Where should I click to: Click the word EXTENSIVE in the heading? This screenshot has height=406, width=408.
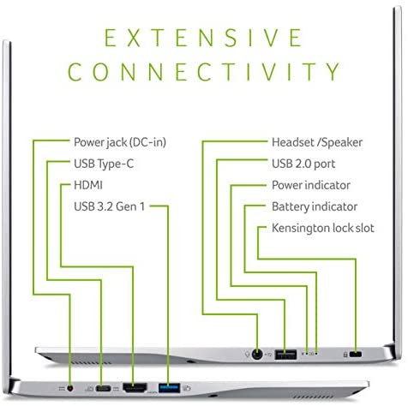[x=203, y=38]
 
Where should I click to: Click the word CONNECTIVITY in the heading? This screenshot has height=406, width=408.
[x=203, y=72]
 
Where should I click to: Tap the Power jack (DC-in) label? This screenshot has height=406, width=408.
[x=120, y=142]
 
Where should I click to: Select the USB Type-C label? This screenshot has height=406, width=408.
[x=104, y=164]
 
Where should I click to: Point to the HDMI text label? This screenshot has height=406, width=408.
[x=88, y=185]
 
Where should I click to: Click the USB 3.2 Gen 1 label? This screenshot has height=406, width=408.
[x=110, y=206]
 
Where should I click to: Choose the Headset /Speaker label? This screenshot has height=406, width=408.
[x=317, y=142]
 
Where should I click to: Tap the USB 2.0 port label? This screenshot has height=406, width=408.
[x=303, y=164]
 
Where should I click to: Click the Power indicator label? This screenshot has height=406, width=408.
[x=311, y=185]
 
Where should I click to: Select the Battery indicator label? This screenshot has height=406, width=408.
[x=315, y=206]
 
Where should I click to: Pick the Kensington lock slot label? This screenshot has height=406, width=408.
[x=323, y=228]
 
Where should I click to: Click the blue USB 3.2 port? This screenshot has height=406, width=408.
[x=169, y=388]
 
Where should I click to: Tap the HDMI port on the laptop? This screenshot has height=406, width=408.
[x=135, y=387]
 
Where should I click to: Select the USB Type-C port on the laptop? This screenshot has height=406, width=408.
[x=103, y=388]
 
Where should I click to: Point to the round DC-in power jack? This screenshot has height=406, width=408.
[x=70, y=388]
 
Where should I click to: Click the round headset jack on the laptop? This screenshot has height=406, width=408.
[x=257, y=355]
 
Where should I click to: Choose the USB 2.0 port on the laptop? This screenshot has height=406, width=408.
[x=285, y=355]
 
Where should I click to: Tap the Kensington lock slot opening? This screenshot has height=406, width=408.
[x=356, y=355]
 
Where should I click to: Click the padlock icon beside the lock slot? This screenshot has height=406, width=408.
[x=345, y=355]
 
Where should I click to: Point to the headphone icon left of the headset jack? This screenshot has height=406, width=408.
[x=248, y=355]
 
